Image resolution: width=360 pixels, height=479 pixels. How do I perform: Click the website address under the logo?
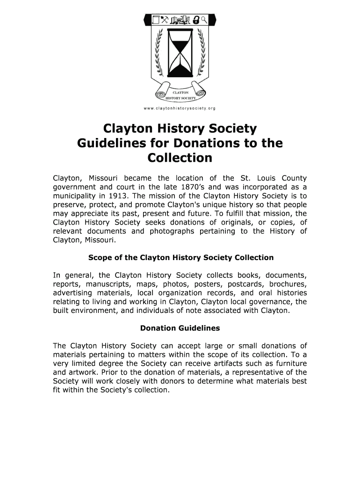(x=180, y=108)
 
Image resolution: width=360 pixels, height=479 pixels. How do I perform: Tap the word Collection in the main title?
(x=180, y=158)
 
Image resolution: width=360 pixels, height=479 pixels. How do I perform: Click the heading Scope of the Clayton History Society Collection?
(x=180, y=258)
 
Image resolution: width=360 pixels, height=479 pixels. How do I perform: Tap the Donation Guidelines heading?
(x=180, y=328)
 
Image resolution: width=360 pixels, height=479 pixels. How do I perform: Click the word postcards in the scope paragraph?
(x=244, y=284)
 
